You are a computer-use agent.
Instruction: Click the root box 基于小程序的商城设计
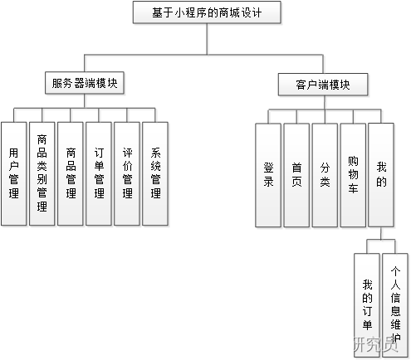[207, 12]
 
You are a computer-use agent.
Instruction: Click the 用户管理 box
[13, 173]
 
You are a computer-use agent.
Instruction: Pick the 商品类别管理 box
[42, 173]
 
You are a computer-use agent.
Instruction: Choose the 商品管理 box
[71, 173]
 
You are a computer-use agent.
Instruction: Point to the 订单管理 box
[99, 173]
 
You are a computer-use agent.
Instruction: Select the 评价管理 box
[127, 173]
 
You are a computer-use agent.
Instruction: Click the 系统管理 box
[155, 173]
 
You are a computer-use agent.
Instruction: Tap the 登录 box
[268, 175]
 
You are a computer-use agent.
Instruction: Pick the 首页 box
[296, 175]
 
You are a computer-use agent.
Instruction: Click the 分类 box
[325, 175]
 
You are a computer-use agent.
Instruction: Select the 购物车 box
[353, 175]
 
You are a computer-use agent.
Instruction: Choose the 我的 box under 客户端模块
[381, 175]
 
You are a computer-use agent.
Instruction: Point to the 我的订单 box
[367, 303]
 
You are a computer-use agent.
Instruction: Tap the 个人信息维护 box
[395, 303]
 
